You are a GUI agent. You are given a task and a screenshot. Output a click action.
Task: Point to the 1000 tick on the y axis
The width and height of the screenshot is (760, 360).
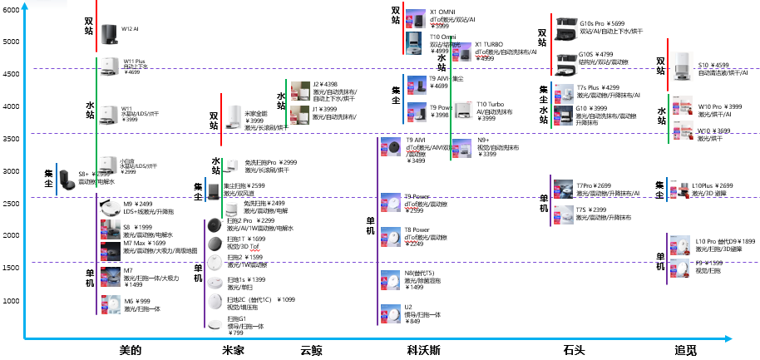click(x=12, y=301)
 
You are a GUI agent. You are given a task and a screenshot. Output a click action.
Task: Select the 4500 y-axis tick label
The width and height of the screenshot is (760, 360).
click(x=12, y=74)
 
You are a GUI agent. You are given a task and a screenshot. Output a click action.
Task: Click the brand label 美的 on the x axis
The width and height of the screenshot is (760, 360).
click(x=131, y=351)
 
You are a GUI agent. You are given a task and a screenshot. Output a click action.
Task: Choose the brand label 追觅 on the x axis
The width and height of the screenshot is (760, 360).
click(x=686, y=351)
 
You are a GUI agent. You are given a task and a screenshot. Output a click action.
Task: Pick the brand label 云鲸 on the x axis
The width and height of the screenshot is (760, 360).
click(x=311, y=351)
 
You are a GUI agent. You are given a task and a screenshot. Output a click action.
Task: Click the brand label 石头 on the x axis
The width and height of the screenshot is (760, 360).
click(x=574, y=351)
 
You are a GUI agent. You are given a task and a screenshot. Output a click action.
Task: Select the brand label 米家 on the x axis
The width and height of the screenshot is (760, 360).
click(x=233, y=351)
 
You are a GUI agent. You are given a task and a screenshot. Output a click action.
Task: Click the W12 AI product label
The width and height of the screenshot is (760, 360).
click(x=130, y=29)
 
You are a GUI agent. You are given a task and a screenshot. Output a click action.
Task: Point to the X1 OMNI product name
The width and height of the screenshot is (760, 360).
click(x=443, y=12)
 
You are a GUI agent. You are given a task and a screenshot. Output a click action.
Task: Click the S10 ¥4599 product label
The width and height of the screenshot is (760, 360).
click(x=713, y=65)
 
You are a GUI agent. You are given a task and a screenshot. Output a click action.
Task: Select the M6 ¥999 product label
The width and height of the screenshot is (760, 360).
click(x=136, y=301)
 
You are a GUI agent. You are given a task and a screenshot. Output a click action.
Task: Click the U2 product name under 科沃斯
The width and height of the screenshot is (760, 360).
click(x=408, y=307)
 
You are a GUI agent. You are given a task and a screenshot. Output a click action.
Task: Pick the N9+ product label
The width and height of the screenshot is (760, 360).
click(x=484, y=141)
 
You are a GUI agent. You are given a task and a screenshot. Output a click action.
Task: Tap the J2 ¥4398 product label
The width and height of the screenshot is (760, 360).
click(x=325, y=84)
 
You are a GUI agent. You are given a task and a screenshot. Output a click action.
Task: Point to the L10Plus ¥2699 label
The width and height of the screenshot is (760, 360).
click(x=713, y=185)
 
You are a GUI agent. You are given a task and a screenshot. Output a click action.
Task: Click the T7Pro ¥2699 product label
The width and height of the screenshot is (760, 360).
click(x=594, y=185)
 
